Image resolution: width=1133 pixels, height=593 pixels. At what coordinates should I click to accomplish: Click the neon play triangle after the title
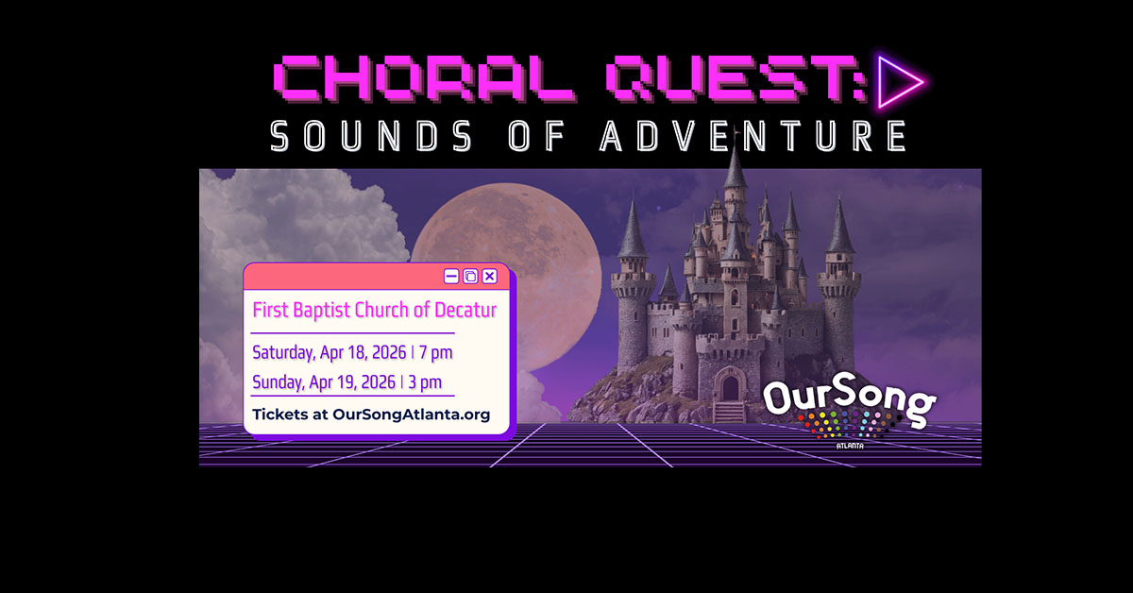pos(899,81)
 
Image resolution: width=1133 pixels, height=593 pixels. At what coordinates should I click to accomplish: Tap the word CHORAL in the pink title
pos(424,78)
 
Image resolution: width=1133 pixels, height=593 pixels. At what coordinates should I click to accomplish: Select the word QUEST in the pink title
pos(707,78)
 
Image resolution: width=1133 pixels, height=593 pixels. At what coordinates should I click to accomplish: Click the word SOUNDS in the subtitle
pos(372,136)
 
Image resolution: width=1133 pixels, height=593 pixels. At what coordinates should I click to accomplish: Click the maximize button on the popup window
pos(470,277)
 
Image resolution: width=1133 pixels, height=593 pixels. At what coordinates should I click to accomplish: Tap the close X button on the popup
pos(489,277)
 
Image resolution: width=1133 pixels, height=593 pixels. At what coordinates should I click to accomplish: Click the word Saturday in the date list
pos(283,352)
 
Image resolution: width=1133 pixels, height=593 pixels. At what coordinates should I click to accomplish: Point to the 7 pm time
pos(435,352)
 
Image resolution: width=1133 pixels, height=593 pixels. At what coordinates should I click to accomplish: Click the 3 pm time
pos(425,382)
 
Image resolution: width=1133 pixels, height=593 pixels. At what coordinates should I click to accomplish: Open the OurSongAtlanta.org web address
pos(412,415)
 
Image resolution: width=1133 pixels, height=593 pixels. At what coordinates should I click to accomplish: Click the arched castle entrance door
pos(731,387)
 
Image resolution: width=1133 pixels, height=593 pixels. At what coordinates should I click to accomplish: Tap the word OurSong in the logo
pos(849,398)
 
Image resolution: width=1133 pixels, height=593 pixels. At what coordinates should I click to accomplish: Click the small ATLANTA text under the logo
pos(850,447)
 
